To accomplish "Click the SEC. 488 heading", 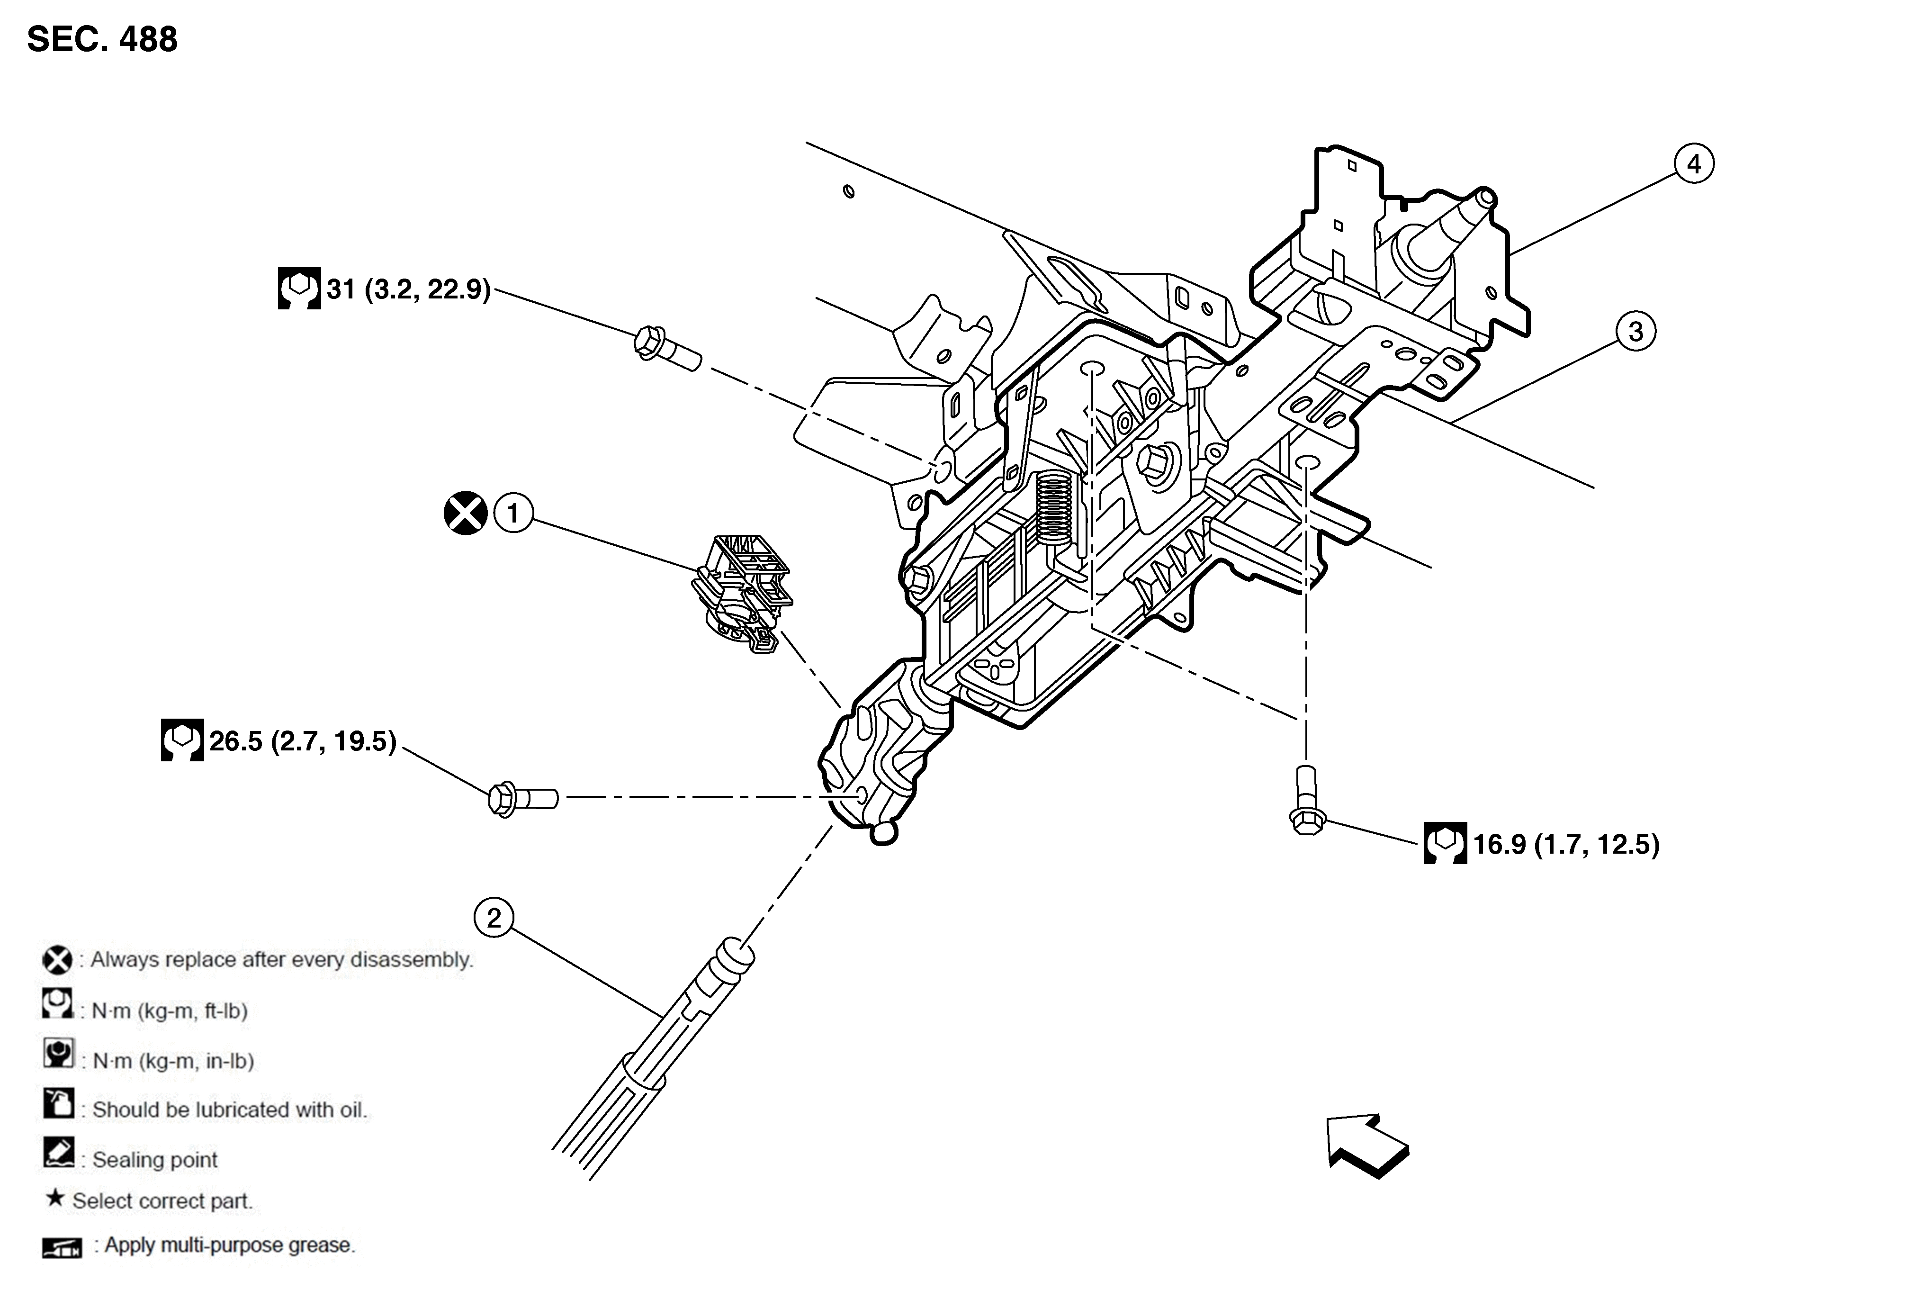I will (102, 39).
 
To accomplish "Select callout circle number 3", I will (1635, 332).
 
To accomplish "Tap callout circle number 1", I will (513, 513).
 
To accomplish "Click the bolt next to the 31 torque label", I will (667, 350).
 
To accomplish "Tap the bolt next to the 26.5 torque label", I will (522, 798).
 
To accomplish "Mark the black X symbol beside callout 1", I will (465, 513).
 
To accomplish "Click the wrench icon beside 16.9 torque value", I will (1445, 843).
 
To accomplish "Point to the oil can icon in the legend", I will (58, 1104).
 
